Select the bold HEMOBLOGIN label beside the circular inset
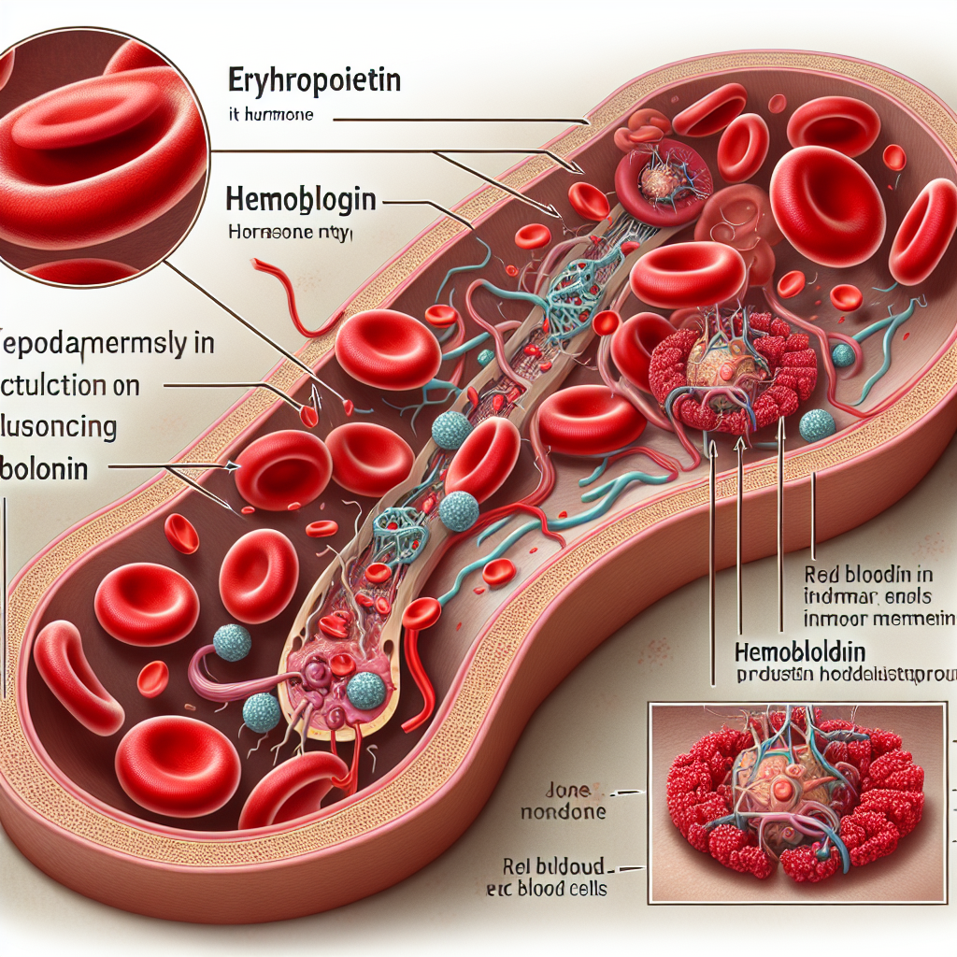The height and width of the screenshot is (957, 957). point(301,199)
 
